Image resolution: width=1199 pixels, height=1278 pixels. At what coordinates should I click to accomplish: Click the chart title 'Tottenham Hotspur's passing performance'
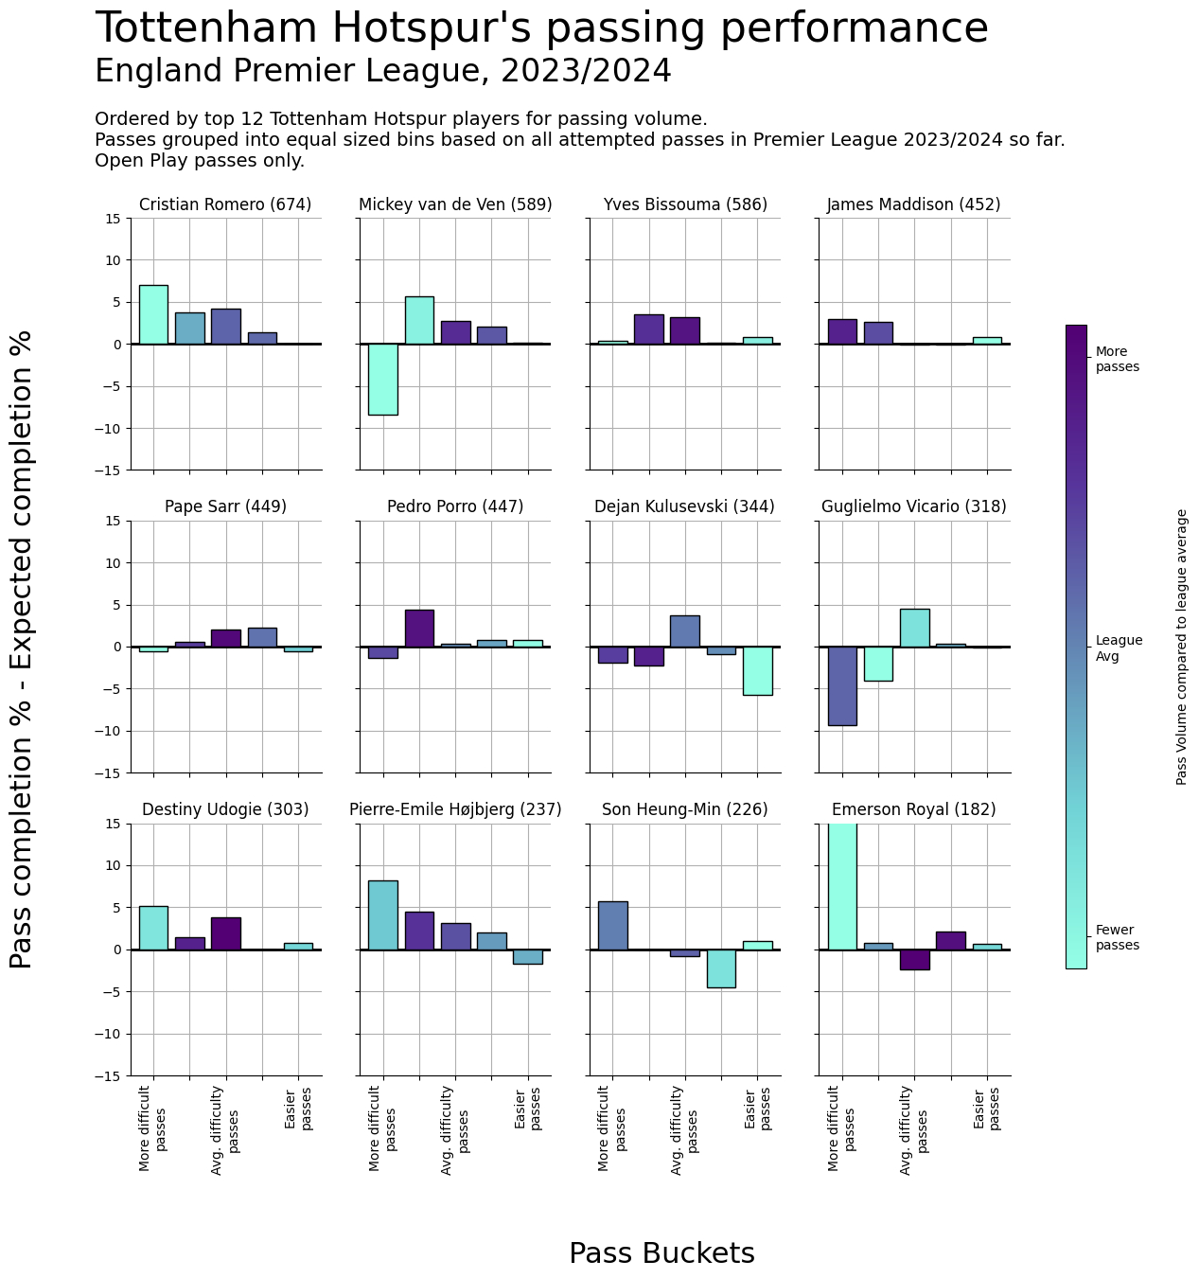tap(541, 28)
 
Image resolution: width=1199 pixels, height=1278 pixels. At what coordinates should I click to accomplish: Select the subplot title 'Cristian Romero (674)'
tap(225, 204)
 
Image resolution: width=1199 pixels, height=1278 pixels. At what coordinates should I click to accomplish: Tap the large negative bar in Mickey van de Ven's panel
tap(382, 380)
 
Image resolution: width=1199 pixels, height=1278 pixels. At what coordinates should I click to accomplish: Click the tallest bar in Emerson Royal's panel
tap(842, 886)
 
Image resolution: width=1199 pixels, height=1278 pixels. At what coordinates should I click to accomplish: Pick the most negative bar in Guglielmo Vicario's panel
tap(842, 686)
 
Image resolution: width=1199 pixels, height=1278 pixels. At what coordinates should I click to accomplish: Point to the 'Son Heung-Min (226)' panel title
tap(685, 809)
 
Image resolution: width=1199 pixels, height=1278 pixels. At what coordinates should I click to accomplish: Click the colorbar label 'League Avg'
tap(1119, 648)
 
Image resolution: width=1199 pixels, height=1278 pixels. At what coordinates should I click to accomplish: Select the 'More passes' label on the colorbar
tap(1117, 360)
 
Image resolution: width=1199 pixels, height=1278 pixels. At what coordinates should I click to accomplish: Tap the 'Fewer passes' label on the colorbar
tap(1117, 937)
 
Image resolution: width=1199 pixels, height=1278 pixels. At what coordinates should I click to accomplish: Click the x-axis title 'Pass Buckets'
tap(661, 1252)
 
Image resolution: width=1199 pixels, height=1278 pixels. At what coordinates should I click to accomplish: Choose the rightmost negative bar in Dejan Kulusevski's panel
tap(757, 671)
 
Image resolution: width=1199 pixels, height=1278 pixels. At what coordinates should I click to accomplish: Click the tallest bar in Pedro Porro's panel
tap(419, 629)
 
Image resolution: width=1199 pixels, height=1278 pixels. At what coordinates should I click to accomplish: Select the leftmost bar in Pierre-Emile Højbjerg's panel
tap(382, 914)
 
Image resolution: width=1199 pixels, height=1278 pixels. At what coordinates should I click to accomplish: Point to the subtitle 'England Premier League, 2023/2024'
tap(383, 72)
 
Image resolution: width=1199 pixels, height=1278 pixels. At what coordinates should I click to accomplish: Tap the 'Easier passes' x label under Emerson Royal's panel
tap(987, 1108)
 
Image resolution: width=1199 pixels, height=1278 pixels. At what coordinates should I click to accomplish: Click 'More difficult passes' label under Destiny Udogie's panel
tap(153, 1128)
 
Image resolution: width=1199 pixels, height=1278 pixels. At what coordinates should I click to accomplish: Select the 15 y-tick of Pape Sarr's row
tap(114, 521)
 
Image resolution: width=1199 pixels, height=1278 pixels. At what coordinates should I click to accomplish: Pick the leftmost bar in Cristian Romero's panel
tap(153, 314)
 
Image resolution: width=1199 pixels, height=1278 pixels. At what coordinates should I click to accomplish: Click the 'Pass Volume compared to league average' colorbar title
tap(1181, 647)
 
